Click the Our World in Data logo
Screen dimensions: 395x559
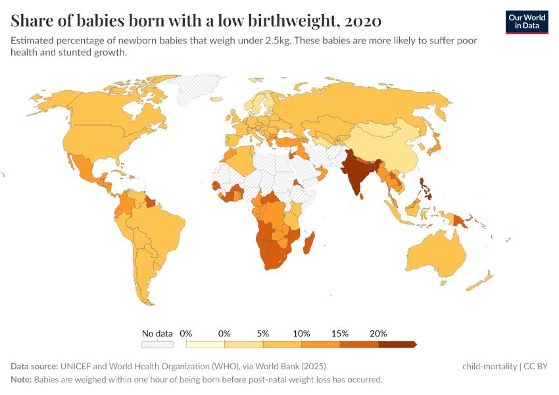(527, 22)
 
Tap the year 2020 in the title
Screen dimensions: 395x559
(362, 20)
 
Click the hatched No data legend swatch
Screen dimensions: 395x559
(157, 344)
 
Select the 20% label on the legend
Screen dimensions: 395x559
(378, 333)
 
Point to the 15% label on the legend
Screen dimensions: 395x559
(340, 333)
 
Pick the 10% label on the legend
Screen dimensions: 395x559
(301, 333)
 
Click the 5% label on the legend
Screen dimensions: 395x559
(263, 333)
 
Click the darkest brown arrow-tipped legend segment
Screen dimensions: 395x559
(397, 344)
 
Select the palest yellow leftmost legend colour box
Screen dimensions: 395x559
(205, 344)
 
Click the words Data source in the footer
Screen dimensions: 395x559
(34, 366)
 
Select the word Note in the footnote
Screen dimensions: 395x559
(21, 380)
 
